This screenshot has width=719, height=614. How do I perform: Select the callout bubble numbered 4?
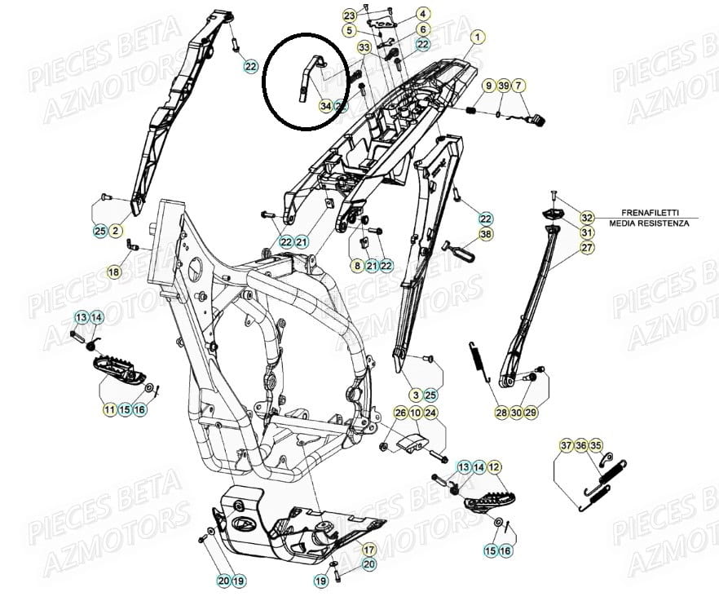(423, 14)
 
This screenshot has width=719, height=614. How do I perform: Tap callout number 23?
(349, 15)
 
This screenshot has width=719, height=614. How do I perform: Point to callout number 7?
(519, 86)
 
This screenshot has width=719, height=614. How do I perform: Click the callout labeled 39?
(504, 86)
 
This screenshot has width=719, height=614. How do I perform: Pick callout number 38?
(486, 234)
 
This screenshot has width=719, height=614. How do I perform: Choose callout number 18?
(114, 272)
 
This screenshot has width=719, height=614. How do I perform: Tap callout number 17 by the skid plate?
(368, 549)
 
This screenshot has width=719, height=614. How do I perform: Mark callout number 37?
(567, 445)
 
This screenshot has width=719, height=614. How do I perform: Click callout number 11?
(109, 409)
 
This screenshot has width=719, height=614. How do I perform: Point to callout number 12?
(495, 467)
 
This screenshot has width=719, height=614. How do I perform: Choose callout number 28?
(501, 413)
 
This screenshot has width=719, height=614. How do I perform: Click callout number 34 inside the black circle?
(326, 106)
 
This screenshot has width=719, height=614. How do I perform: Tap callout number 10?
(415, 413)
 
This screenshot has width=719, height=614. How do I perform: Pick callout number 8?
(356, 265)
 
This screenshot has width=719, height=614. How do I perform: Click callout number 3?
(416, 395)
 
